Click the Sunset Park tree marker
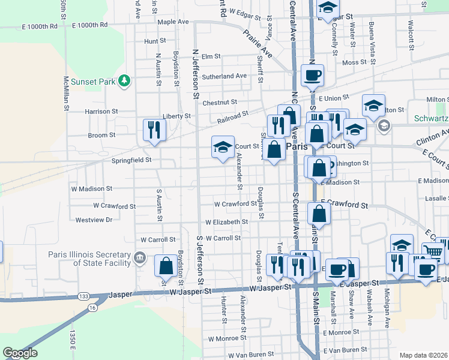124,80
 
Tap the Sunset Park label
92,81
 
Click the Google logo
20,353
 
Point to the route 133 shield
83,297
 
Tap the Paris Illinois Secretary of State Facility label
89,259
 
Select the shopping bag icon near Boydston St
165,266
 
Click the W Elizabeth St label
226,222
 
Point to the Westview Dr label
94,220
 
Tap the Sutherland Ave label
224,76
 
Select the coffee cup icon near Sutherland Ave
312,76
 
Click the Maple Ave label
173,22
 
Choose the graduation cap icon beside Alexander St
222,147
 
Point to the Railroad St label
233,117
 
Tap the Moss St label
354,62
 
